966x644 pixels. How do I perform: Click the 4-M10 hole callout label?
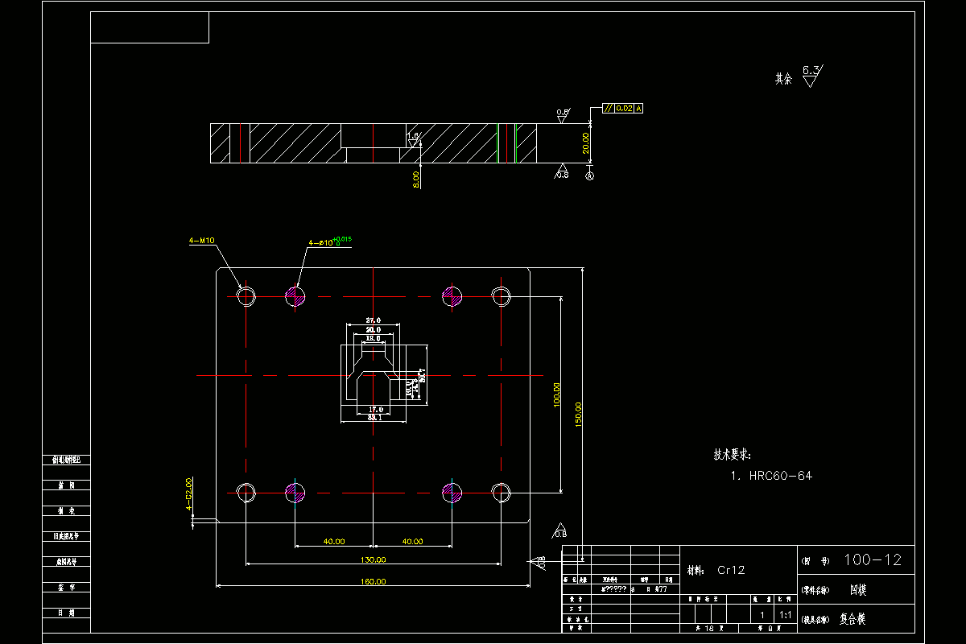coord(200,240)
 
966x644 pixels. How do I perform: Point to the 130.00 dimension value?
coord(374,559)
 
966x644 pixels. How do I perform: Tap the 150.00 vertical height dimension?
coord(578,415)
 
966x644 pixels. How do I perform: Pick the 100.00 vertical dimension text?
coord(556,394)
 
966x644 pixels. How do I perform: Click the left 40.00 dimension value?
coord(334,542)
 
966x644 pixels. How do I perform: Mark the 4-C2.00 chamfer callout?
coord(188,494)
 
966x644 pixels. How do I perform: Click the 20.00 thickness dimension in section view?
coord(586,142)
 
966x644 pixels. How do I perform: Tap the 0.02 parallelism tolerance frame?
coord(622,108)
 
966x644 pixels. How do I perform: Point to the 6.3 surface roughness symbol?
coord(811,76)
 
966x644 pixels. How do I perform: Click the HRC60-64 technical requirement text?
coord(781,476)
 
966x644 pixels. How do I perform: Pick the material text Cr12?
coord(731,570)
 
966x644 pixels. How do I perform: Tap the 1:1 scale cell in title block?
coord(784,615)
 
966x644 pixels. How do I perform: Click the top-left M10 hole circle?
coord(246,297)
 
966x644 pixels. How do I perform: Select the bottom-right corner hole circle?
coord(502,492)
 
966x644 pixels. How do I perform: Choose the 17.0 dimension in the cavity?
coord(374,410)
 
